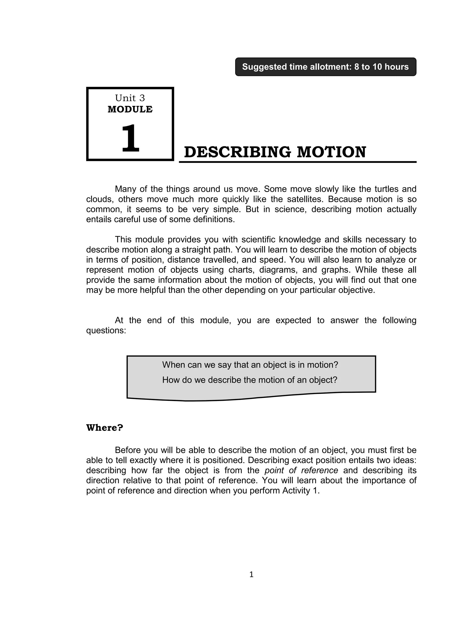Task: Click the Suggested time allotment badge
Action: [x=326, y=67]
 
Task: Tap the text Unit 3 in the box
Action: [x=130, y=98]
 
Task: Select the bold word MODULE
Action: [x=130, y=110]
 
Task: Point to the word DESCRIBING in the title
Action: [x=237, y=152]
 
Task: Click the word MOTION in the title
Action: [x=331, y=152]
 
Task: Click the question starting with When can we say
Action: [x=250, y=365]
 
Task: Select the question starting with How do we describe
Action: [x=250, y=380]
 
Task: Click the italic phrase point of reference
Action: [x=301, y=471]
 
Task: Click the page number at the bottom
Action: [x=251, y=574]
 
